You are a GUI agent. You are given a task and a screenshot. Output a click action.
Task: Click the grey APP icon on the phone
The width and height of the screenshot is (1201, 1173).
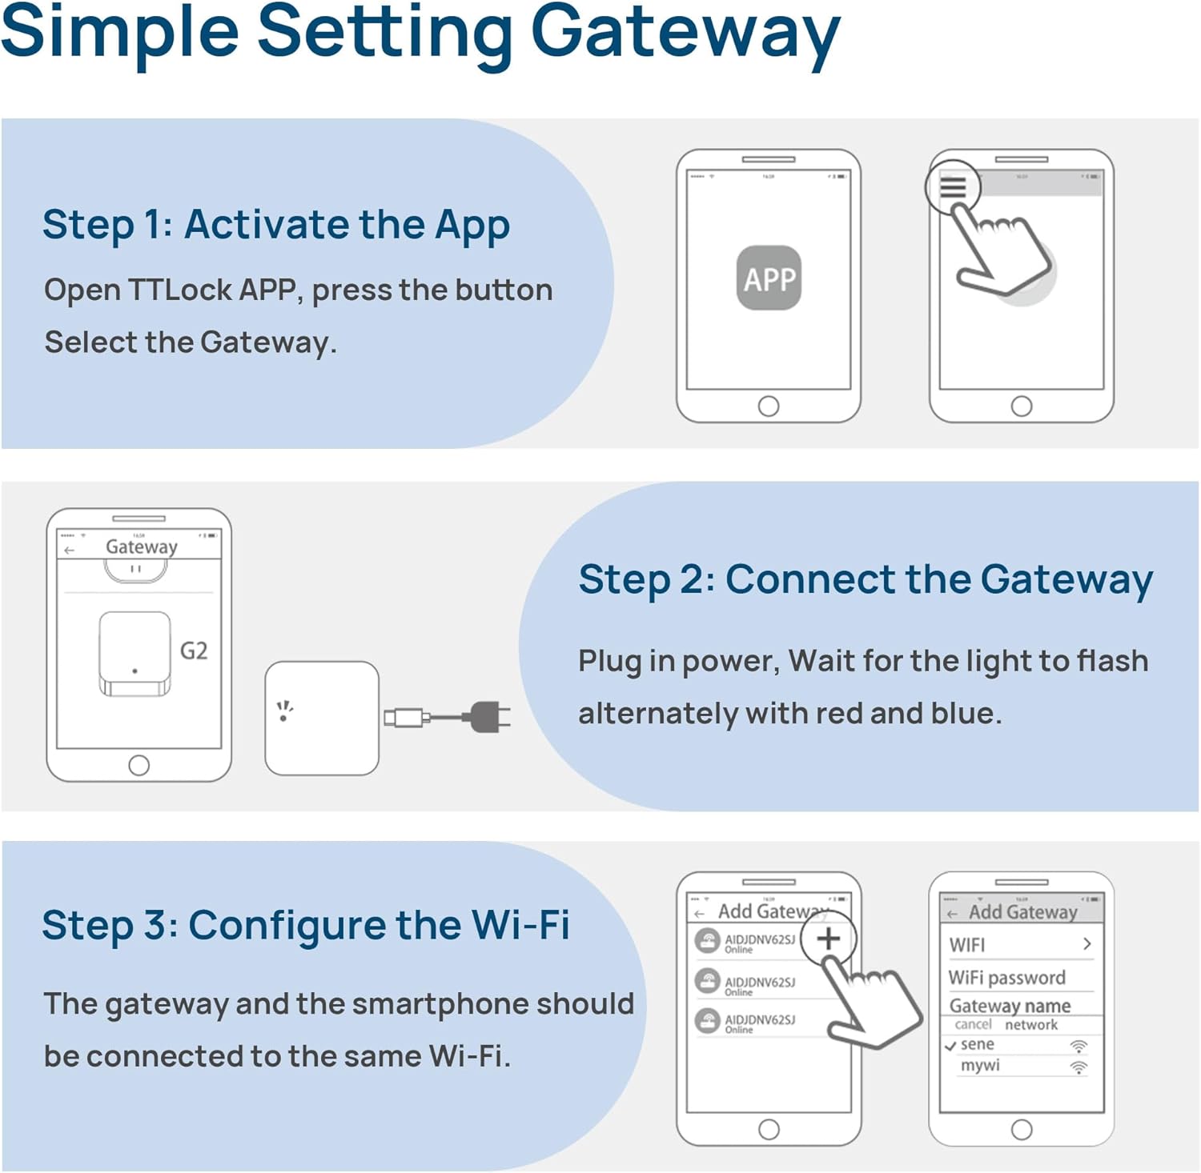[769, 278]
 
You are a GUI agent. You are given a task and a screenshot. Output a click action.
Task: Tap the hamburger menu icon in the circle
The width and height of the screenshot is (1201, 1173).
[952, 187]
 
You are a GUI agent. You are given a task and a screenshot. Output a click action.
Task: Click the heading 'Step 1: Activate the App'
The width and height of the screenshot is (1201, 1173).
[276, 225]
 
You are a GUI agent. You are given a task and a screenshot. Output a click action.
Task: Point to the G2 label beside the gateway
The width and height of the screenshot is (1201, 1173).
[194, 651]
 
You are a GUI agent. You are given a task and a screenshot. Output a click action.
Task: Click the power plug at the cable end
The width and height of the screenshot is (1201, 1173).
[488, 717]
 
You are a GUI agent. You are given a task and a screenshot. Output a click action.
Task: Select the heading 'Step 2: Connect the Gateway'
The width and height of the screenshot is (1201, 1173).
[865, 580]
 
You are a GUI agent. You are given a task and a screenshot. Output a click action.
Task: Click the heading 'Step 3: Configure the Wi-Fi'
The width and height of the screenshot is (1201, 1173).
[306, 926]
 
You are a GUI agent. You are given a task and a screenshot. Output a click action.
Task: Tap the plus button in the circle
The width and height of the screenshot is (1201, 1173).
[828, 939]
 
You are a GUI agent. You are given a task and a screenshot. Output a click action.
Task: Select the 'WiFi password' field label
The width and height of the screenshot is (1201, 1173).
[1006, 978]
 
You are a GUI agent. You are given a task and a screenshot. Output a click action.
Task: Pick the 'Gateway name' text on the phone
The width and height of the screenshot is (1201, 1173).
[1010, 1006]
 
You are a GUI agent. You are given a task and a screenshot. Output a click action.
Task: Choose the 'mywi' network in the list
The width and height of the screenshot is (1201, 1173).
[980, 1066]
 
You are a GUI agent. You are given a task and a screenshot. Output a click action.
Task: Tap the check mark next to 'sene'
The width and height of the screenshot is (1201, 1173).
[950, 1046]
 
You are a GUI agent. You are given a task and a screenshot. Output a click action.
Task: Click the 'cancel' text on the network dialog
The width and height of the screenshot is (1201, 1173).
[973, 1025]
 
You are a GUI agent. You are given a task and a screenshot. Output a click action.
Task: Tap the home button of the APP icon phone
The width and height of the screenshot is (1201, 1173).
[769, 406]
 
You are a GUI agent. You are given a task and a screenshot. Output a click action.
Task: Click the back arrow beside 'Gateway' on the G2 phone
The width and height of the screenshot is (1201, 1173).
[70, 550]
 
